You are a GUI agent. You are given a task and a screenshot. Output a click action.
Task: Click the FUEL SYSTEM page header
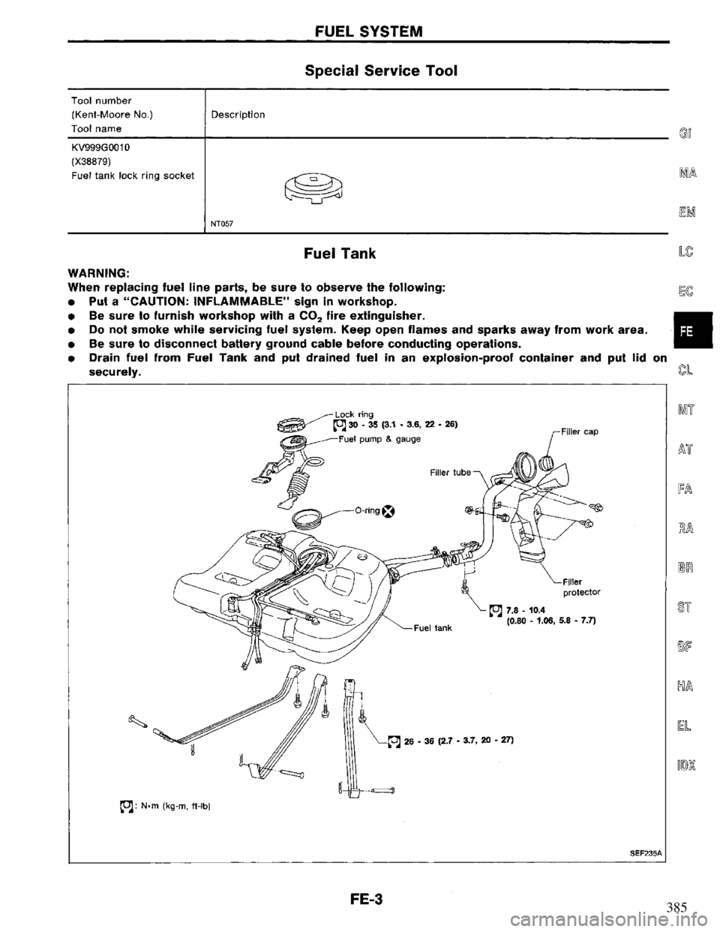[360, 31]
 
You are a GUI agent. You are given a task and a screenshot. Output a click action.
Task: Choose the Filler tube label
[451, 472]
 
